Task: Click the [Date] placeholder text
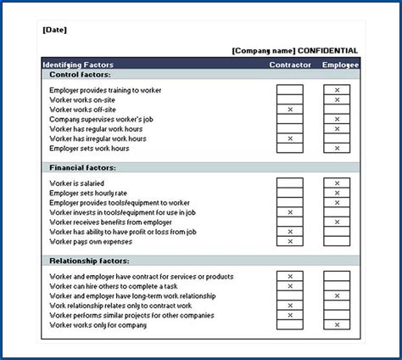click(x=54, y=31)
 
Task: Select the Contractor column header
click(x=290, y=65)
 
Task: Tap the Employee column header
click(x=340, y=65)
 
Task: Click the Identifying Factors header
click(x=77, y=65)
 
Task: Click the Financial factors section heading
click(x=83, y=168)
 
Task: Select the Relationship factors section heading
click(x=89, y=261)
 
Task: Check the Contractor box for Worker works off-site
click(x=290, y=110)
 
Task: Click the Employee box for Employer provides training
click(x=337, y=90)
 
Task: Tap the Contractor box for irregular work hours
click(x=290, y=138)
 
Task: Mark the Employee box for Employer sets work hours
click(x=337, y=149)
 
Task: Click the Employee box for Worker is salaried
click(x=337, y=183)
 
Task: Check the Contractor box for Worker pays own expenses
click(x=290, y=241)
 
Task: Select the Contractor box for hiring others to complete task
click(x=290, y=286)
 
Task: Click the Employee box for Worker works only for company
click(x=337, y=324)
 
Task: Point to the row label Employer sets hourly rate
click(x=89, y=193)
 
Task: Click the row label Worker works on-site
click(x=84, y=100)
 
